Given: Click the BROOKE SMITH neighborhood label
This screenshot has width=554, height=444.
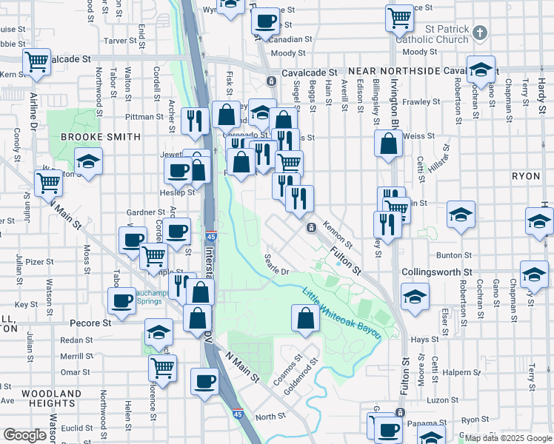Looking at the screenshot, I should pyautogui.click(x=101, y=137).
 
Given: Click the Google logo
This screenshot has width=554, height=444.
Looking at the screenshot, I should pyautogui.click(x=24, y=435).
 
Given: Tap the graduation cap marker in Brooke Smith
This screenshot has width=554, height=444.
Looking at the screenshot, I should pyautogui.click(x=88, y=162).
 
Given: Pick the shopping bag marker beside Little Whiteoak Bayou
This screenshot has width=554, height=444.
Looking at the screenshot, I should pyautogui.click(x=306, y=319).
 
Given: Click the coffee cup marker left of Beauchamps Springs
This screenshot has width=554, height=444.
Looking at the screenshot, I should pyautogui.click(x=121, y=301).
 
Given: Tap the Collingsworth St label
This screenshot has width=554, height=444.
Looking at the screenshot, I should pyautogui.click(x=436, y=272).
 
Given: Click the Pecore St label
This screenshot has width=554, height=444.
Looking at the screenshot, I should pyautogui.click(x=90, y=323).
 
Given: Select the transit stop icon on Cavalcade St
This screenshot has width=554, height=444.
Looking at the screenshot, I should pyautogui.click(x=272, y=79).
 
